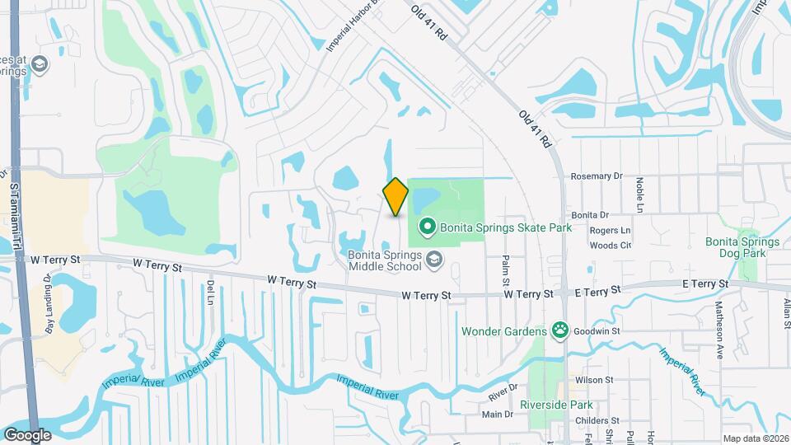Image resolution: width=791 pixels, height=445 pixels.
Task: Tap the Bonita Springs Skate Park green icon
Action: [x=428, y=225]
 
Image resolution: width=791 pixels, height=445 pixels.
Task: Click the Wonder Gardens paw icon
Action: [x=560, y=331]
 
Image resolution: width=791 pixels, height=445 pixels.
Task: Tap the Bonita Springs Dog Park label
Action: [x=742, y=247]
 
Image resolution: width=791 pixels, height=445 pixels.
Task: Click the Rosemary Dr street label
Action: [x=597, y=176]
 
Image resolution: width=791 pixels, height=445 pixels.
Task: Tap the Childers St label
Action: [x=597, y=420]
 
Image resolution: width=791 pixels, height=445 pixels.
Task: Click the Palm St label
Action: [x=506, y=271]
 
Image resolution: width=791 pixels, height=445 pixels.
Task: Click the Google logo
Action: [x=27, y=434]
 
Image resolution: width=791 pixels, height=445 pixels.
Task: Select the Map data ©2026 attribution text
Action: [x=755, y=438]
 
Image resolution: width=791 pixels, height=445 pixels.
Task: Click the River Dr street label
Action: [x=501, y=386]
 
